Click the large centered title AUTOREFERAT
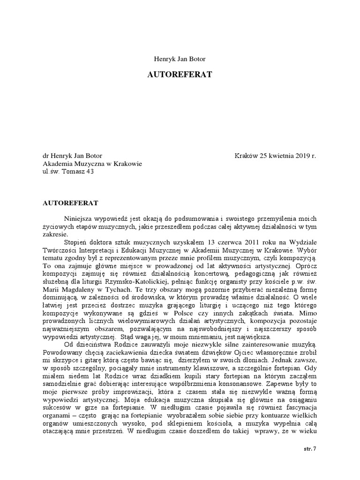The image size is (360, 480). click(180, 75)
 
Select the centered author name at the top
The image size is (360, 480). click(180, 59)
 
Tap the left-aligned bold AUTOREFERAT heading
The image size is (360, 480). click(70, 204)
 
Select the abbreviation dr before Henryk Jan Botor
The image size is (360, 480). click(46, 156)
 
